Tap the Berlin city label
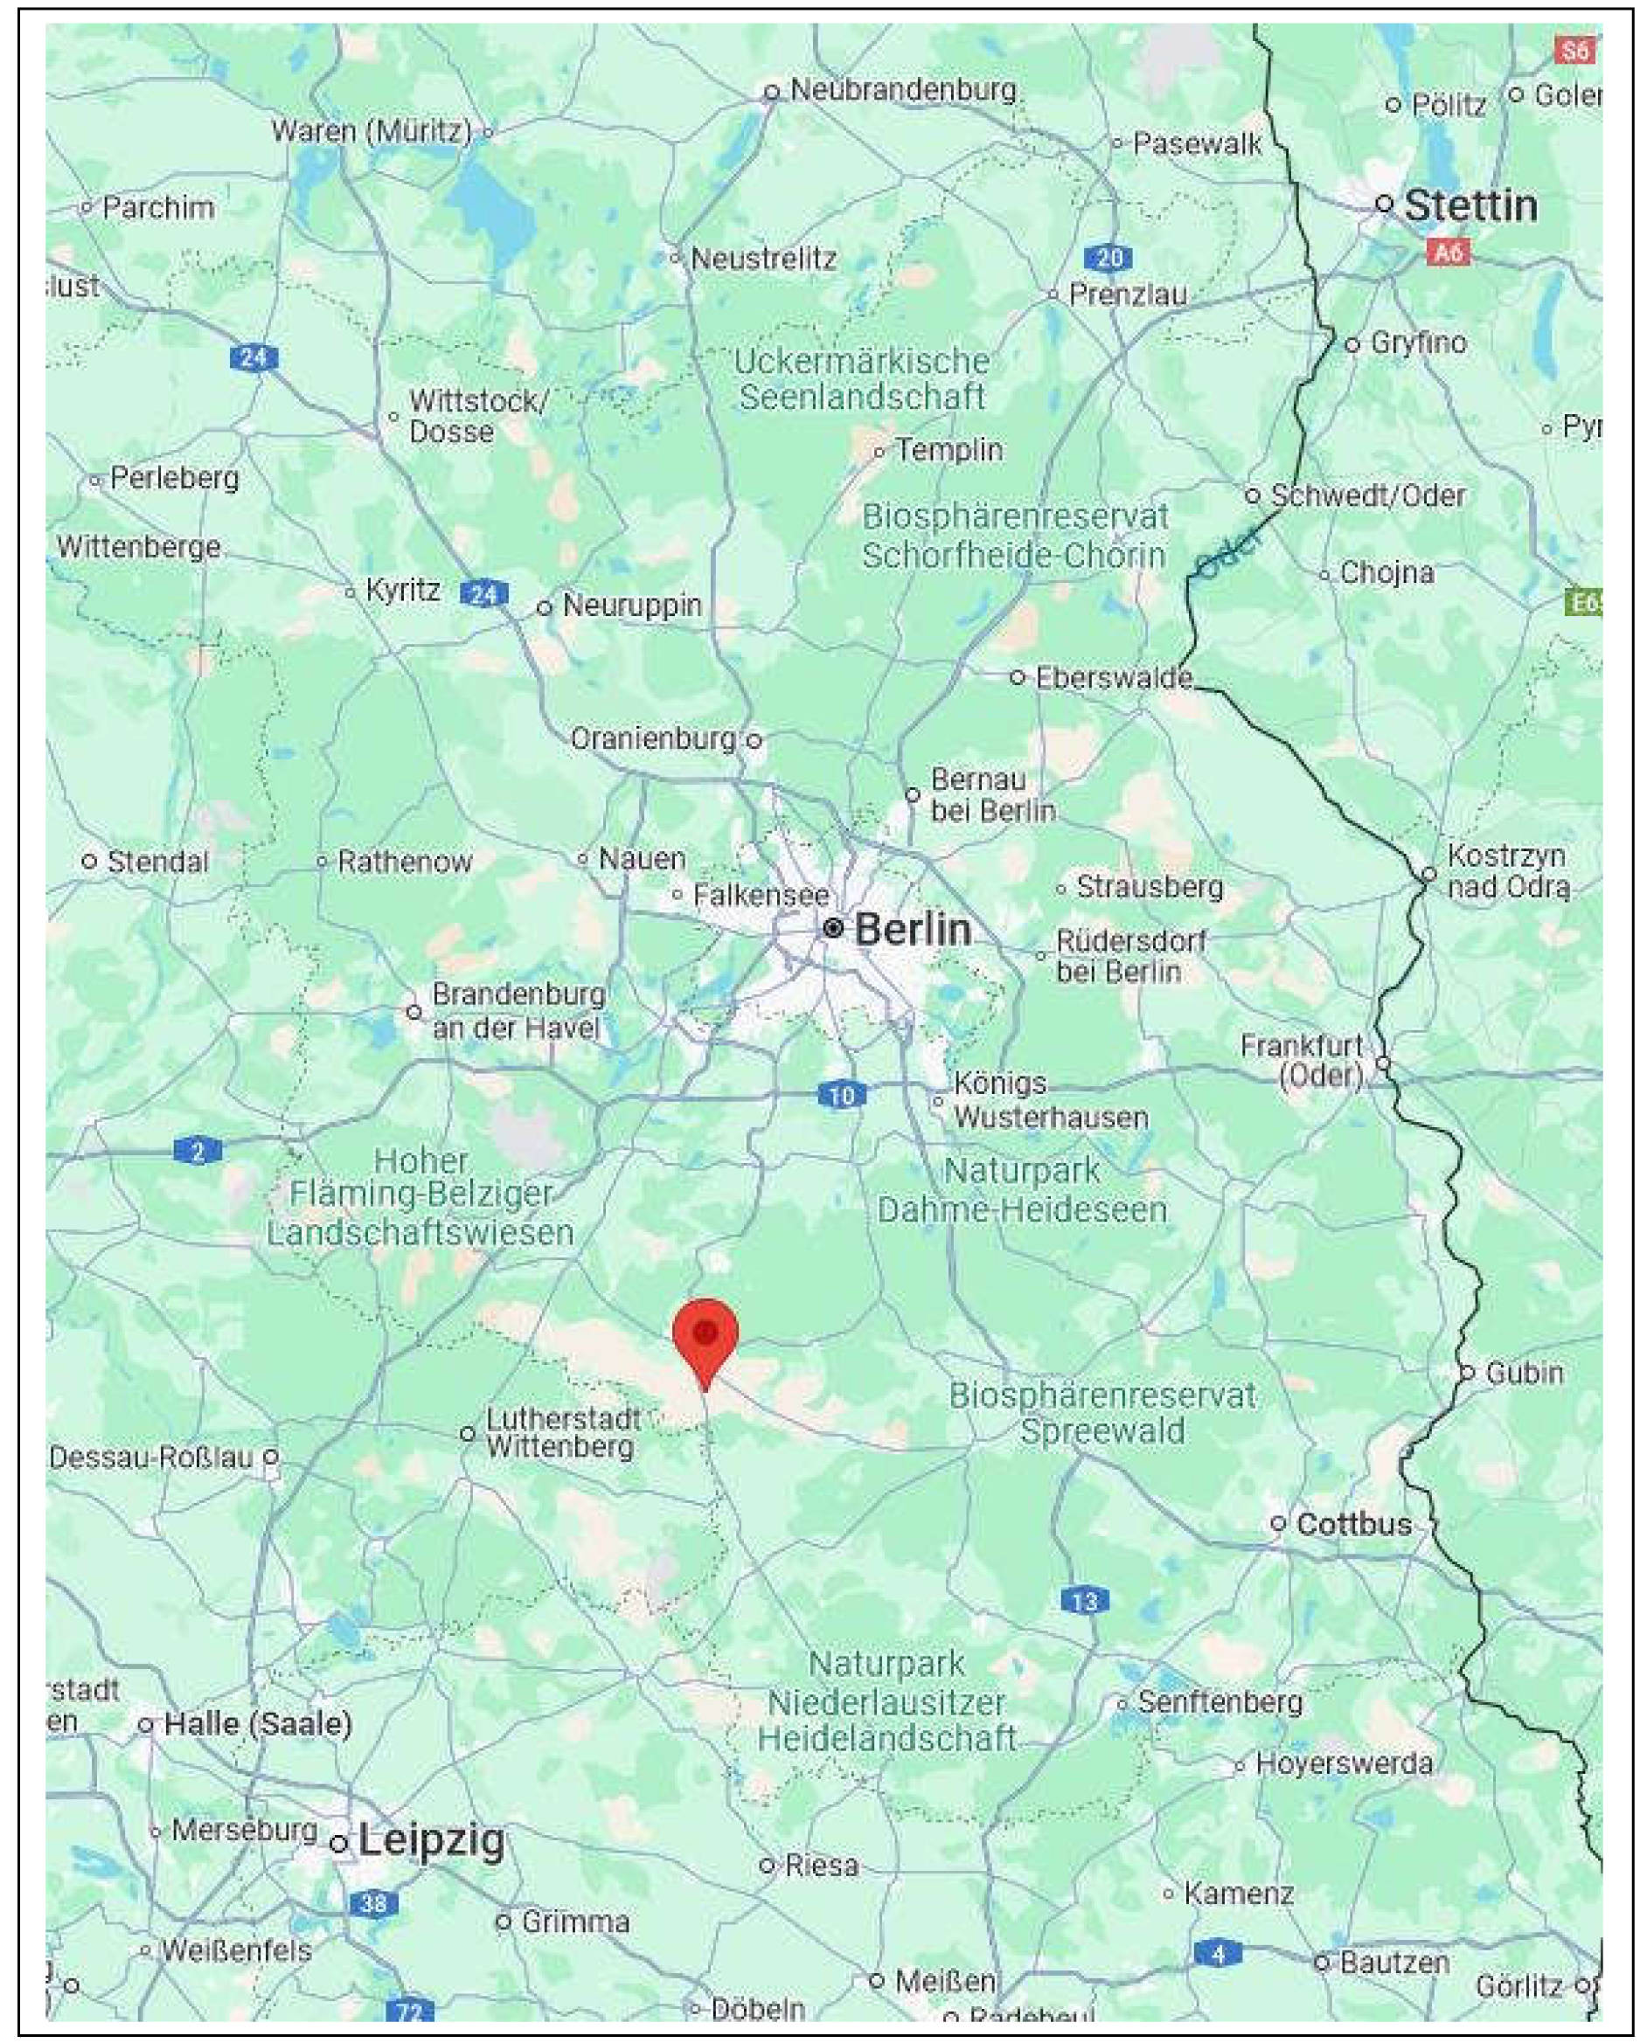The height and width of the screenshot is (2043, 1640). click(x=912, y=930)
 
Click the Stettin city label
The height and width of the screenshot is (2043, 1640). click(x=1470, y=204)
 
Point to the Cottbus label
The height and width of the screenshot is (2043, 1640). click(x=1354, y=1524)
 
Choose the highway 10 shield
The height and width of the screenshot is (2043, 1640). click(x=841, y=1097)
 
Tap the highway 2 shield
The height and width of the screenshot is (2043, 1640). click(x=198, y=1152)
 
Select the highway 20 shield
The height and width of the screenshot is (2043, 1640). click(x=1108, y=257)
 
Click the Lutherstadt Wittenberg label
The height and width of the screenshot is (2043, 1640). click(x=561, y=1433)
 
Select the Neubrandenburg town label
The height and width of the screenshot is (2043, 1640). click(x=902, y=90)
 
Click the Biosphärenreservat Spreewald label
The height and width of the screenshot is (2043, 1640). click(x=1102, y=1412)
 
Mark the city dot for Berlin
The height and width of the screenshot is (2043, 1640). click(x=832, y=929)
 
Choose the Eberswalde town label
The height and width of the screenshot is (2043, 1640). click(x=1113, y=677)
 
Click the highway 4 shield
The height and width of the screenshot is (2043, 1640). click(x=1218, y=1952)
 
